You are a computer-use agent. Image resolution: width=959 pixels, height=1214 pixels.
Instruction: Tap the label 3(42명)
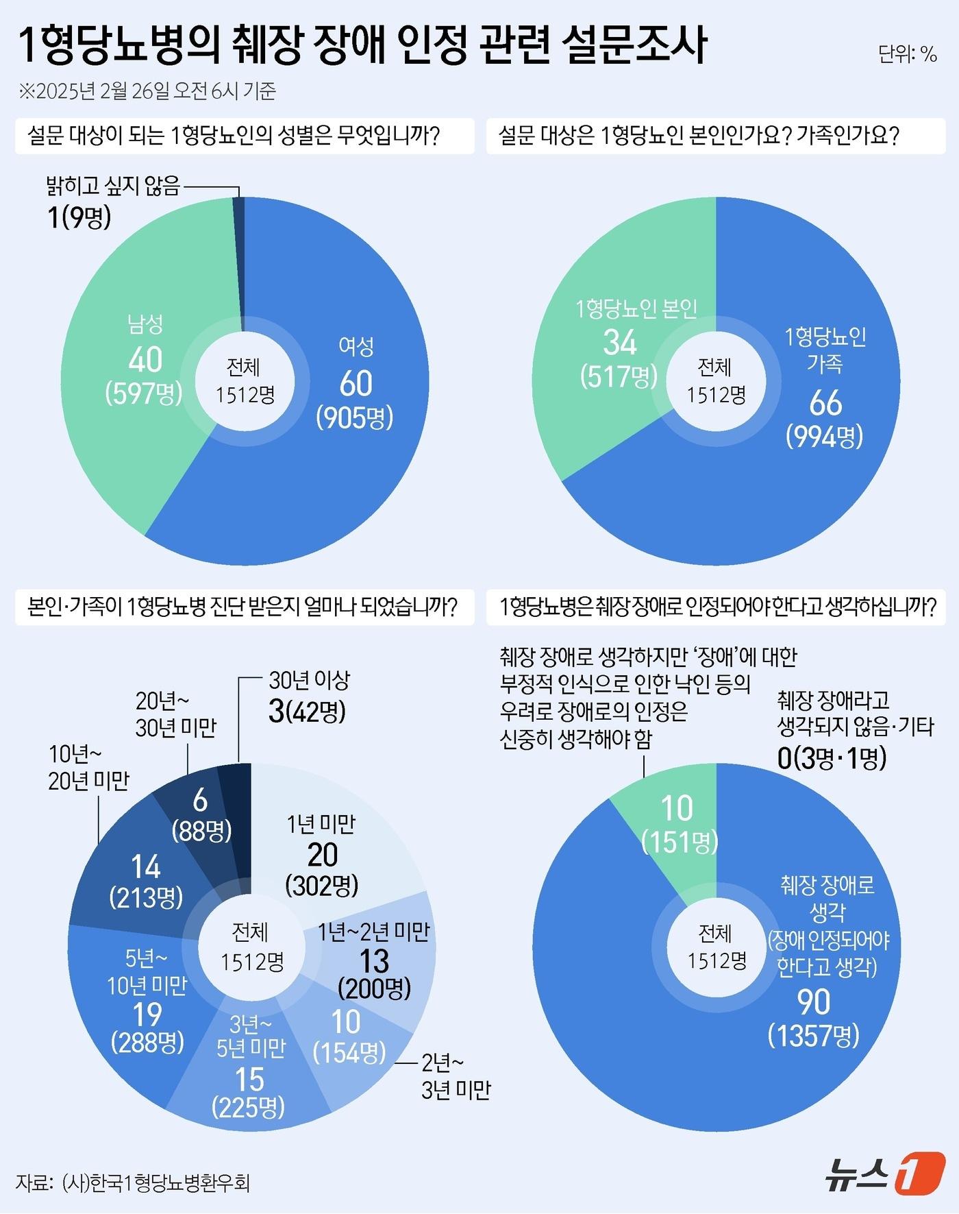tap(307, 712)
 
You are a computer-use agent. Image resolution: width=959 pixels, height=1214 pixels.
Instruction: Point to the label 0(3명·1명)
tap(832, 758)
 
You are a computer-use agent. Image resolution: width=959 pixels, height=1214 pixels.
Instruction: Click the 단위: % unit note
tap(908, 54)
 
